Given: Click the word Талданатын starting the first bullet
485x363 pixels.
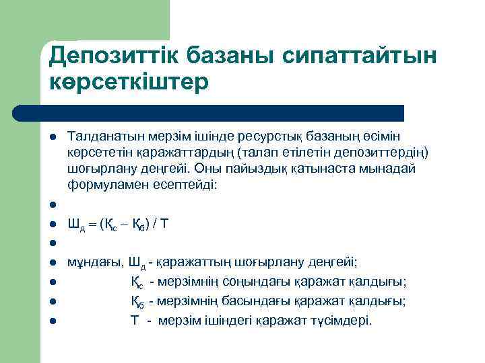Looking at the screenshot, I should (99, 136).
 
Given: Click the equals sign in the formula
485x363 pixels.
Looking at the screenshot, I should (92, 225).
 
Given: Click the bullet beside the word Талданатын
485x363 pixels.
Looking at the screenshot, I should (53, 136).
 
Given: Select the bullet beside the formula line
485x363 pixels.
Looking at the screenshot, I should (53, 225).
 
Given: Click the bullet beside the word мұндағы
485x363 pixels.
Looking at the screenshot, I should (53, 262).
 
